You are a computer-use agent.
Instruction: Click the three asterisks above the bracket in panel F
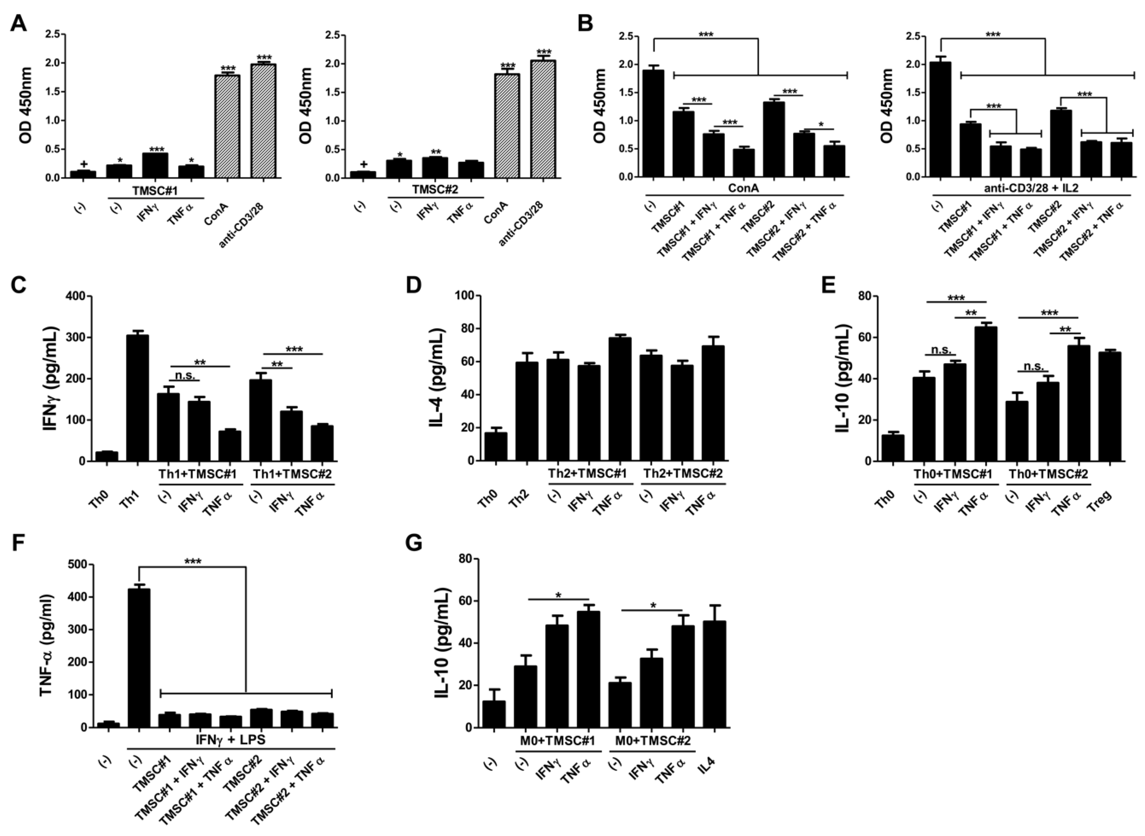pos(193,561)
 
